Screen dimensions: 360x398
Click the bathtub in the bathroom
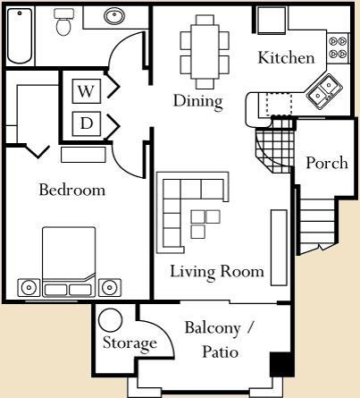point(20,36)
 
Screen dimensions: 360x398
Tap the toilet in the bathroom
point(63,21)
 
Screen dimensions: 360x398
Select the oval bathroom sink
point(114,16)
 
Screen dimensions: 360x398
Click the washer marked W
point(86,91)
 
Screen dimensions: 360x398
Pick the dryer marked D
point(86,123)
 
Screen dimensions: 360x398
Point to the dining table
point(205,52)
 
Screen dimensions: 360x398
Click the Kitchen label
point(286,57)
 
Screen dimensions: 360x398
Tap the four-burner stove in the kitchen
point(338,47)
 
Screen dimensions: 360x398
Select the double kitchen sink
point(324,91)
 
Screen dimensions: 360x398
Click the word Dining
point(198,101)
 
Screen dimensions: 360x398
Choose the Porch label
point(327,163)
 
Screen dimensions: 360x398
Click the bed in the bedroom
point(69,262)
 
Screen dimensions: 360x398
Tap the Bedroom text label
point(72,190)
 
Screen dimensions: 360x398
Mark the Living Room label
point(217,272)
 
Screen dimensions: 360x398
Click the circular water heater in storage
point(110,319)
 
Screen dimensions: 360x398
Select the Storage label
point(130,343)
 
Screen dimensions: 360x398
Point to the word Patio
point(220,351)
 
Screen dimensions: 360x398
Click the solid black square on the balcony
point(281,365)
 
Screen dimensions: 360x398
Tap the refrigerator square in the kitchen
point(272,20)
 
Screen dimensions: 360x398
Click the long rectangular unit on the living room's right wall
point(279,248)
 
